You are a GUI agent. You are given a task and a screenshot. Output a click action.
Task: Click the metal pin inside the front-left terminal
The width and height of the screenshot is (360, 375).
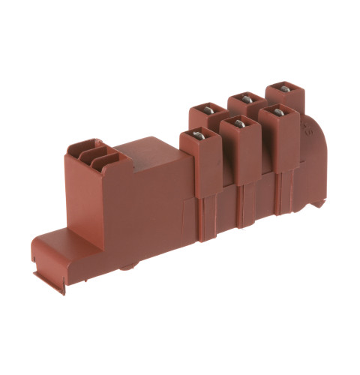tap(199, 136)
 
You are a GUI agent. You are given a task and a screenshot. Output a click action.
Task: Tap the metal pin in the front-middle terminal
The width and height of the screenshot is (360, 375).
tap(238, 122)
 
